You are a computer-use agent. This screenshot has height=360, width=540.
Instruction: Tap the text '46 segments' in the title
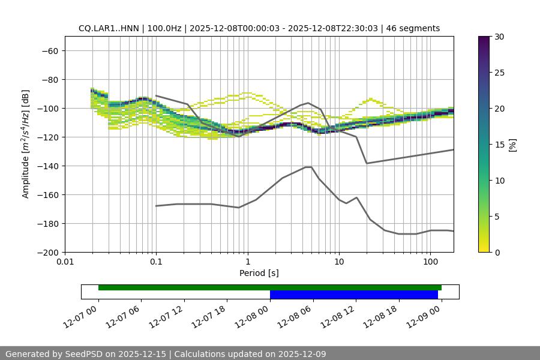pos(413,28)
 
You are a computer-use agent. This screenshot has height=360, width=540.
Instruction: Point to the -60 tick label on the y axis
pos(49,50)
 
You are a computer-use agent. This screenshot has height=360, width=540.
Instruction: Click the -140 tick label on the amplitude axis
pos(47,166)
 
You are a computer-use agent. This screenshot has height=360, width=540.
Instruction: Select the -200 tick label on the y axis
pos(47,252)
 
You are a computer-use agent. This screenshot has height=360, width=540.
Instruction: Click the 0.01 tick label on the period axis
pos(65,262)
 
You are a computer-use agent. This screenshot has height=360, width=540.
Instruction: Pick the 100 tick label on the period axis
pos(430,262)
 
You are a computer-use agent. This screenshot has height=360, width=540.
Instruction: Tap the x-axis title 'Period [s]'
pos(259,273)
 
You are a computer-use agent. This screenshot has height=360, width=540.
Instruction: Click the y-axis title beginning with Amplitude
pos(26,144)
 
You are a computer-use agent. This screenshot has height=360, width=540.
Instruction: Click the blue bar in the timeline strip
pos(353,295)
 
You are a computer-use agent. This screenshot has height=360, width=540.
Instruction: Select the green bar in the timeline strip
pos(269,287)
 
